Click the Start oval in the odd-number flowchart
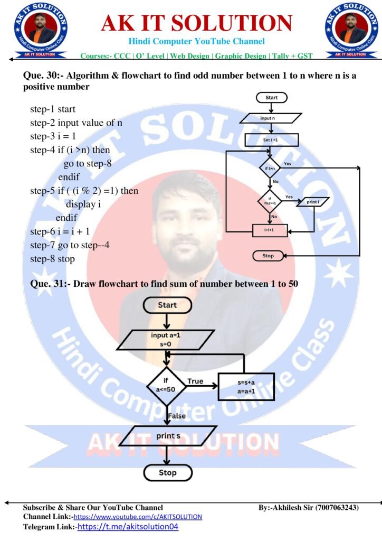[x=271, y=97]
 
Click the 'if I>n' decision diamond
[x=271, y=167]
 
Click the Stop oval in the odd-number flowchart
[x=269, y=256]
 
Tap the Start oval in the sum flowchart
[x=167, y=305]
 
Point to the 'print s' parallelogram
[x=166, y=436]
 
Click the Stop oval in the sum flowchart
[x=167, y=472]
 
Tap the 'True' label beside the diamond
[x=195, y=381]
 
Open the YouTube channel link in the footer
[x=138, y=517]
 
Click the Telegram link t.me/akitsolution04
[x=131, y=527]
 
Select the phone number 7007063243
[x=337, y=507]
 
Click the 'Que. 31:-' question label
[x=46, y=284]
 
